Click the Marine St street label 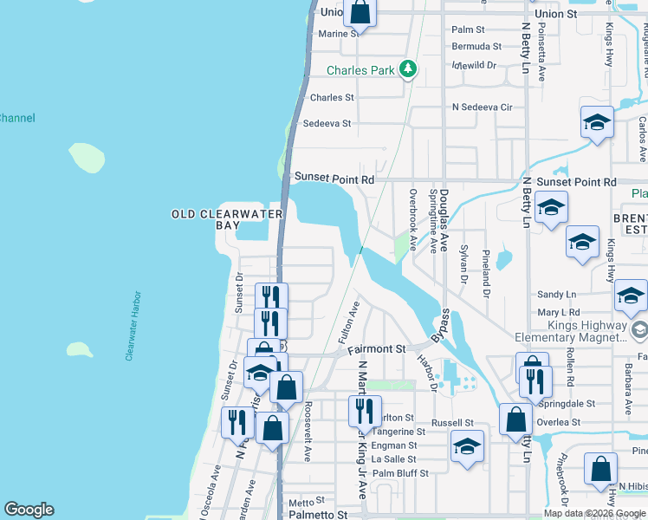click(339, 34)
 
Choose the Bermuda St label click(476, 46)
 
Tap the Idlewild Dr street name click(474, 65)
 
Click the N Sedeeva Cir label click(483, 107)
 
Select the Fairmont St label click(377, 349)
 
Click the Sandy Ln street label click(556, 295)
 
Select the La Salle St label click(393, 459)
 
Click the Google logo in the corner click(29, 510)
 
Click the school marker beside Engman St click(467, 447)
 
